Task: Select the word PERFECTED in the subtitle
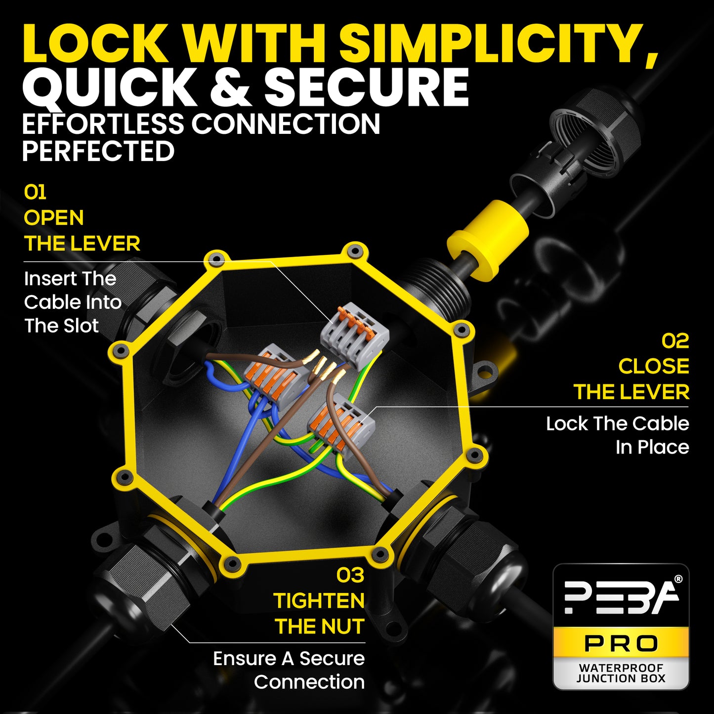(x=98, y=151)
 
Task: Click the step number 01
(x=35, y=192)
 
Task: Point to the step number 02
(x=675, y=341)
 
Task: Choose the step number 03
(x=350, y=576)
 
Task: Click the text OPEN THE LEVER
(x=82, y=230)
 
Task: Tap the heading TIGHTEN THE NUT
(x=319, y=614)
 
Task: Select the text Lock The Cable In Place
(x=618, y=435)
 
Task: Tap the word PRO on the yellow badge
(x=621, y=643)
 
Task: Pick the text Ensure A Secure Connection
(x=289, y=671)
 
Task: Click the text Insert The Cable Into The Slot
(x=73, y=302)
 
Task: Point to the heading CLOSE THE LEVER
(x=631, y=379)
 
